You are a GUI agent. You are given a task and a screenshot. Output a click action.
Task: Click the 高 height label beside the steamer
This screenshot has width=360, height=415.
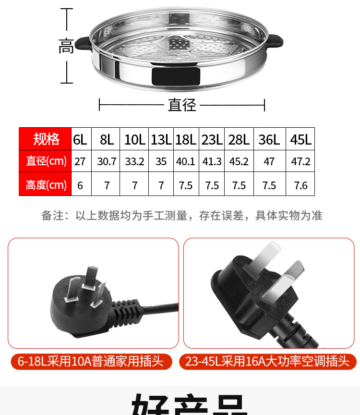tap(66, 47)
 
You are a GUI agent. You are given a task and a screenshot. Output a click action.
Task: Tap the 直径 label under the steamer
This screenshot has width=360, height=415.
tap(182, 105)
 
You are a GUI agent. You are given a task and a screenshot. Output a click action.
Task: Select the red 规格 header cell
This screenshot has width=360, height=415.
tap(46, 139)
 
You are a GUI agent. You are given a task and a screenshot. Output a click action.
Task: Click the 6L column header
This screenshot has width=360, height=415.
tap(80, 140)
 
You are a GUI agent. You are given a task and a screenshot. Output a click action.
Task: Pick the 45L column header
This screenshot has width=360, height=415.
tap(300, 140)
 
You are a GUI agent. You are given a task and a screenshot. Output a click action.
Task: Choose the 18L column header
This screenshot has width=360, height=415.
tap(186, 140)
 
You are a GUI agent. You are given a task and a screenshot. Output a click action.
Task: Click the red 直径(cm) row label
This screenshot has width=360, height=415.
tap(46, 161)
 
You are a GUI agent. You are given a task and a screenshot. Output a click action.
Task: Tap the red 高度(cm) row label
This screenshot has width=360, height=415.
tap(46, 184)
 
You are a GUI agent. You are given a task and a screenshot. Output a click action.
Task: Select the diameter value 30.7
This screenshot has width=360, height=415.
tap(107, 161)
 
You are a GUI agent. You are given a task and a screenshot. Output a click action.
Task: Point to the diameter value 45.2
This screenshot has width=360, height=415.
tap(239, 161)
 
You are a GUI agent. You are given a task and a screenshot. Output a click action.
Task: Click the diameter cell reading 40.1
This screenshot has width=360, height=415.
tap(186, 161)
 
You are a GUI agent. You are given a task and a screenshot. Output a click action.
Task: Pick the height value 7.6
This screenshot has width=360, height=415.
tap(300, 185)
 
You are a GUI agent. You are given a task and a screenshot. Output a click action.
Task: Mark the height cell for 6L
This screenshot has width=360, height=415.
tap(80, 185)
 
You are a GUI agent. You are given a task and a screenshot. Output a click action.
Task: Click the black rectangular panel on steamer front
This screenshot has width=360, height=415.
tap(175, 76)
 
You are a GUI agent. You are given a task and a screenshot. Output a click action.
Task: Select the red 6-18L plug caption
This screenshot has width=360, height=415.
tap(91, 361)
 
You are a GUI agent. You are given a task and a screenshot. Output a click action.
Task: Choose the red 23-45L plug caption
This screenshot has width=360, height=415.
tap(267, 361)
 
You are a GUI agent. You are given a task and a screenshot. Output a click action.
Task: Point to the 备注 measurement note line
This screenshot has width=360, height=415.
tap(182, 216)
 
